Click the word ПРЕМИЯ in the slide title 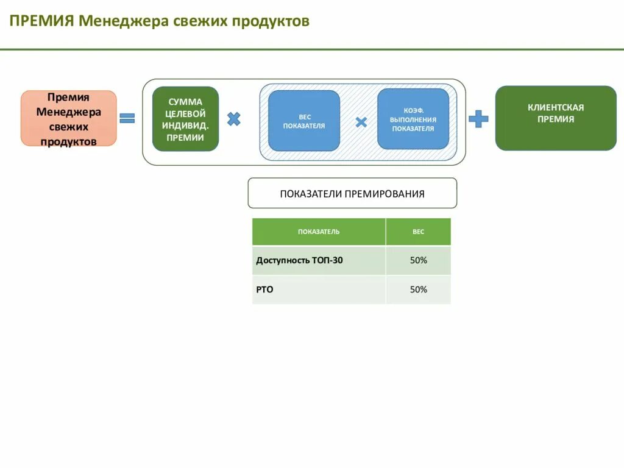pos(41,21)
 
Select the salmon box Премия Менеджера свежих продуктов pos(68,119)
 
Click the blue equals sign pos(127,118)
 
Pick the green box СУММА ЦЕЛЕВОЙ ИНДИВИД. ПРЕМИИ pos(185,119)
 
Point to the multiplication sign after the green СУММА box pos(234,119)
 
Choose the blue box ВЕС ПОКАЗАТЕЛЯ pos(304,121)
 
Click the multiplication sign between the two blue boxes pos(361,122)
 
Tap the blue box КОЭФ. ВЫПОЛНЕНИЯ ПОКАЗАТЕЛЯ pos(413,119)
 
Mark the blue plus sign pos(478,118)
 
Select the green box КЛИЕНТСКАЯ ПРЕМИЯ pos(556,118)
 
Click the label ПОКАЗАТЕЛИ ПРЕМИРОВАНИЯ pos(352,194)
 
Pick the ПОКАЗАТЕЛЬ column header pos(319,232)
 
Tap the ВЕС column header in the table pos(418,232)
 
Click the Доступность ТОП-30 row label pos(299,260)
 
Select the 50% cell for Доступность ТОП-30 pos(418,260)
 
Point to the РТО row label pos(264,289)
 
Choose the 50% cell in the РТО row pos(418,289)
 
